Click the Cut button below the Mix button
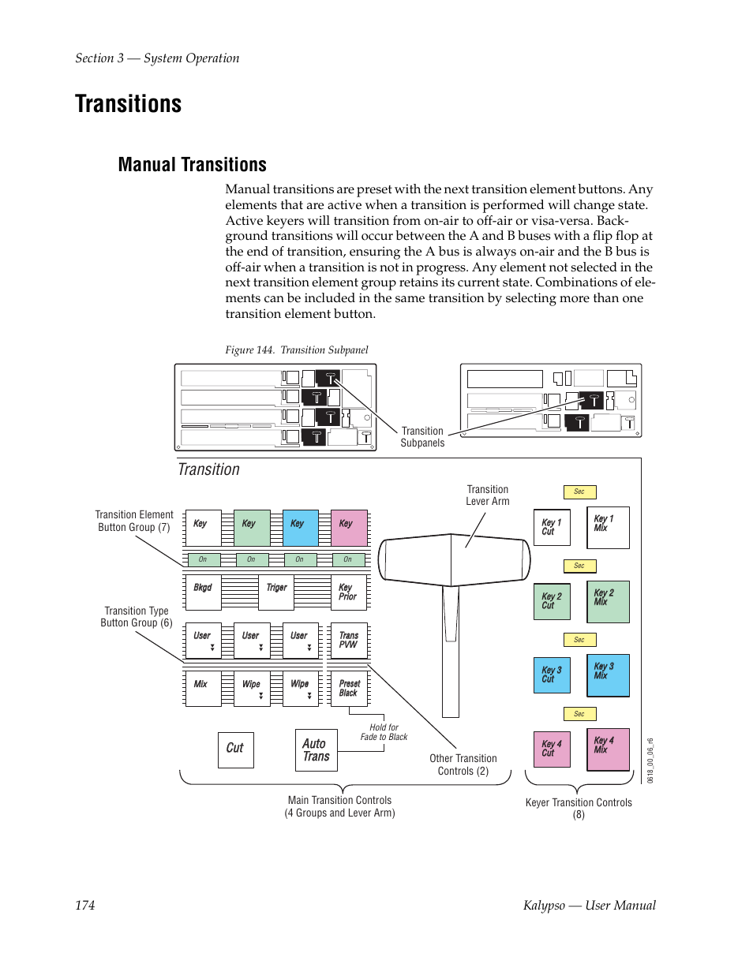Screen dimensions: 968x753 click(235, 749)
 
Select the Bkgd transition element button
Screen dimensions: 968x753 click(203, 592)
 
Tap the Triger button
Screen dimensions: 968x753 click(276, 592)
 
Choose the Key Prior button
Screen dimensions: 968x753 click(348, 592)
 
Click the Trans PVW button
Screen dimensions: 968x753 click(348, 641)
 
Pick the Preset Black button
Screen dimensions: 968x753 click(348, 689)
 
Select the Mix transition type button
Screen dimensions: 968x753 click(203, 689)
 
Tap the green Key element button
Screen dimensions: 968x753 click(252, 528)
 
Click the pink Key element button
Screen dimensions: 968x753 click(348, 528)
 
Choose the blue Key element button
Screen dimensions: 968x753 click(300, 528)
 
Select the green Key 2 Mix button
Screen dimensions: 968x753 click(608, 601)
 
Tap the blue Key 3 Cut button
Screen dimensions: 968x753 click(552, 675)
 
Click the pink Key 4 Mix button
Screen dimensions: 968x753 click(608, 749)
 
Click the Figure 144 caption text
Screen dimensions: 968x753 click(297, 350)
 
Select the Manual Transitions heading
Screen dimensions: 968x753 click(192, 165)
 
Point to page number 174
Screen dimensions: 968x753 click(85, 906)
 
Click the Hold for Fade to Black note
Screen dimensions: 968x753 click(384, 732)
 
